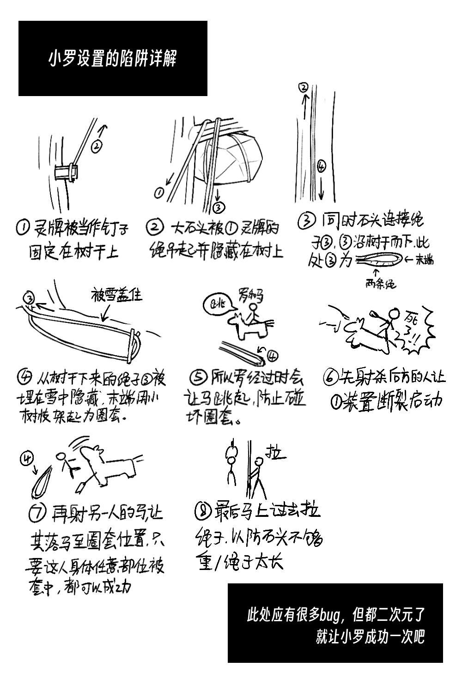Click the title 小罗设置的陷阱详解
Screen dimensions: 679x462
coord(112,59)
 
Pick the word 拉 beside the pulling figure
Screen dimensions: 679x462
coord(274,453)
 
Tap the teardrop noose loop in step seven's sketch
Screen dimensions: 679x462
coord(43,481)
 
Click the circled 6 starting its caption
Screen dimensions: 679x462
coord(330,377)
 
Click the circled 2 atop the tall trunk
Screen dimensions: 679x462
coord(304,87)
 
